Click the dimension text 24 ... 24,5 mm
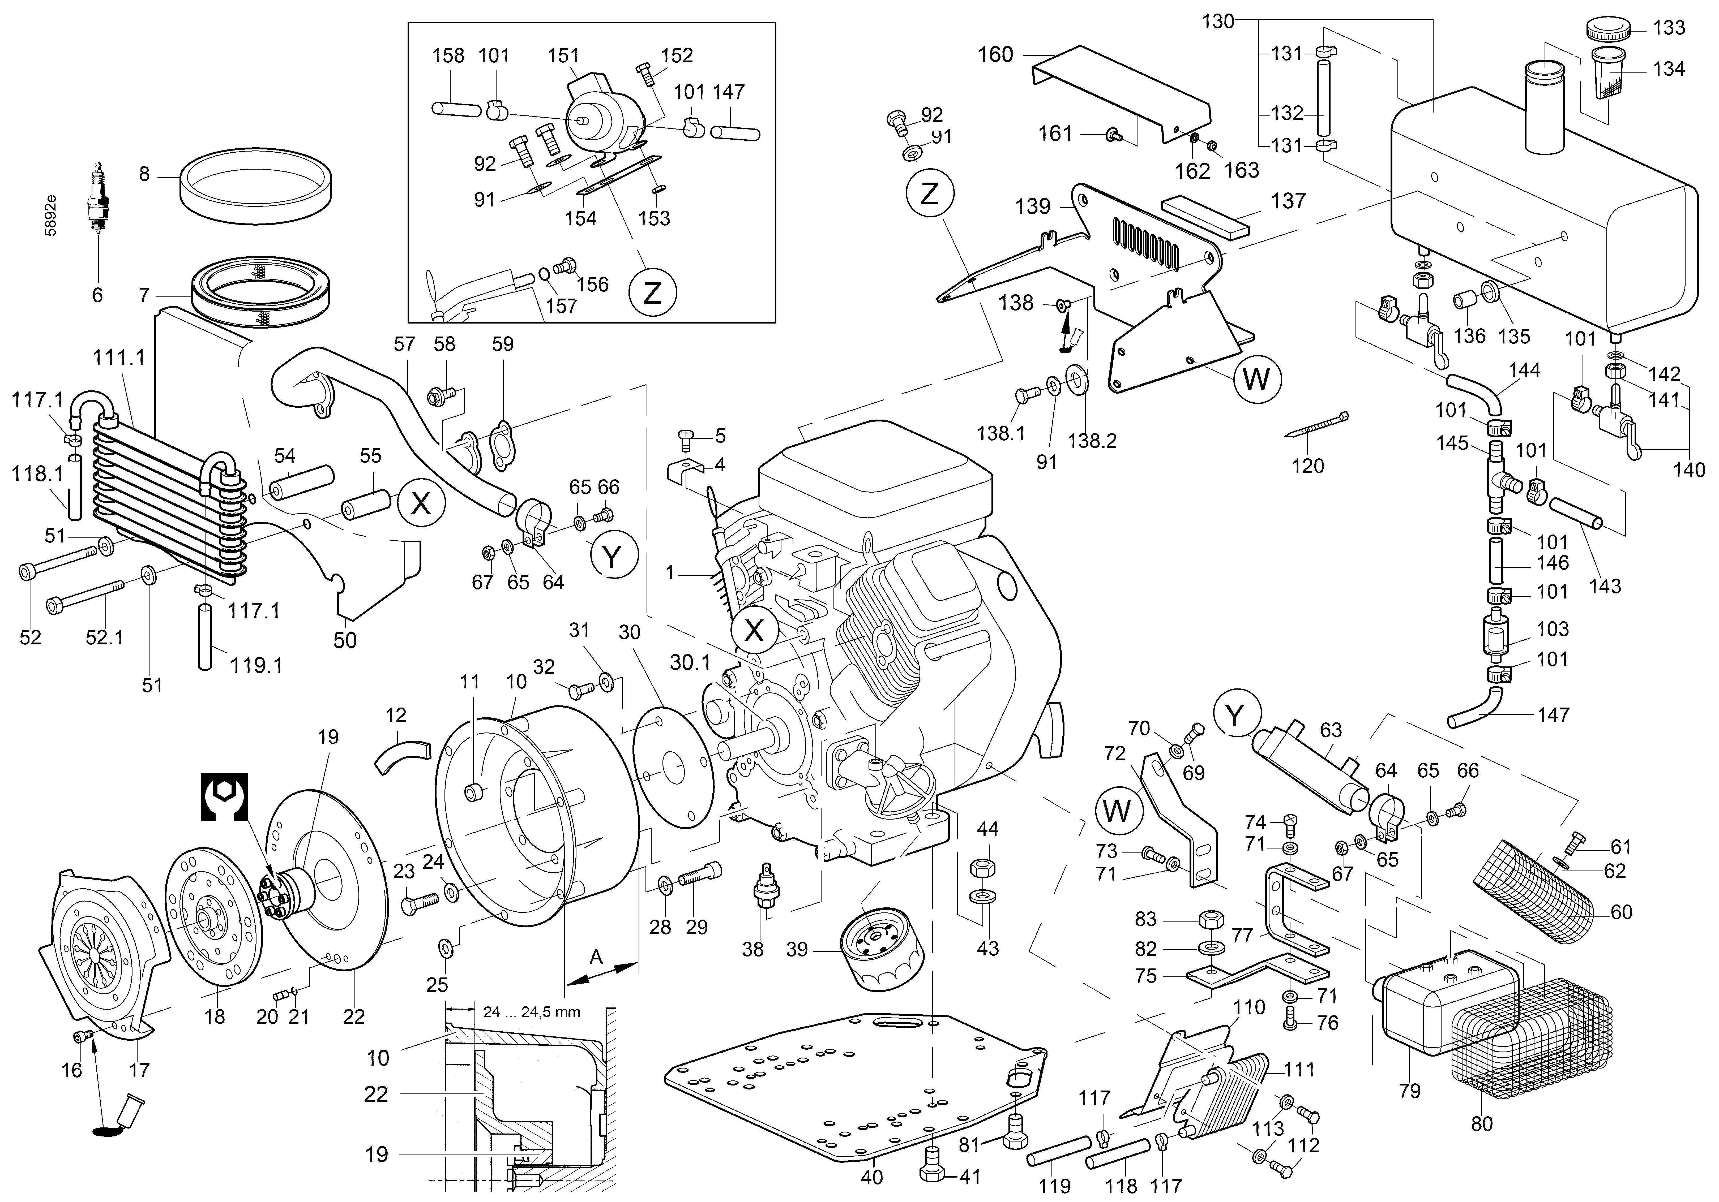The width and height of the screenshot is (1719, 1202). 532,1012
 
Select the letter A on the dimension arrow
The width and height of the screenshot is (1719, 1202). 596,957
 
